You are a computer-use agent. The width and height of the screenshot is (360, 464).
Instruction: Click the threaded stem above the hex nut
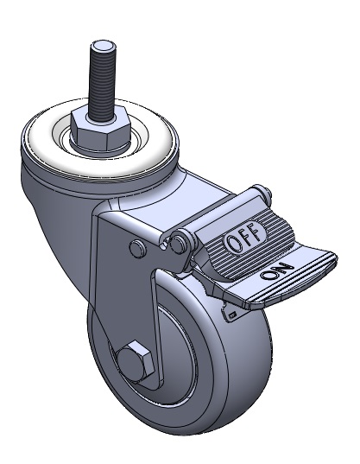click(x=102, y=81)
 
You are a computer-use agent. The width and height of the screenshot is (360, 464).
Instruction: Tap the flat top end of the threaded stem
click(x=102, y=47)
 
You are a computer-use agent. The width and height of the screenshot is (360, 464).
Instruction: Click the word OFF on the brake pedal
click(x=245, y=236)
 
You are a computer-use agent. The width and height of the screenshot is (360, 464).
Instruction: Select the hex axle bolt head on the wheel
click(x=136, y=360)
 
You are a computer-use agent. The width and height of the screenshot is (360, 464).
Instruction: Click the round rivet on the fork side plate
click(x=138, y=247)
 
